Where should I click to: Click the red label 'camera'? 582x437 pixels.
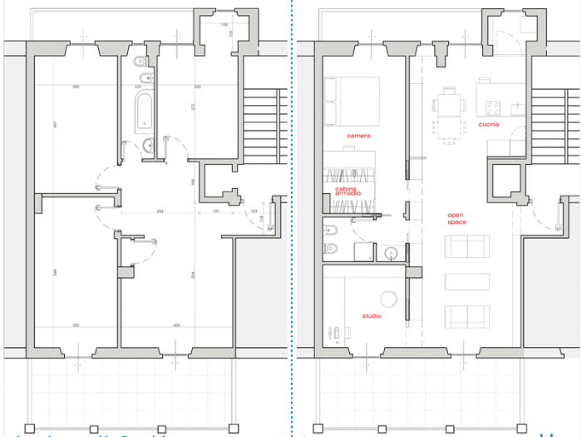coord(359,135)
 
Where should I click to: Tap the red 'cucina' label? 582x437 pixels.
coord(489,125)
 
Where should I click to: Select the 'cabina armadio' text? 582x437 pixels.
coord(348,192)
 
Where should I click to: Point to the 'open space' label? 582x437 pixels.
coord(456,219)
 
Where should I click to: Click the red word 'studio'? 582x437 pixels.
coord(372,316)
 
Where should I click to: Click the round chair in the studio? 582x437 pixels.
coord(387,298)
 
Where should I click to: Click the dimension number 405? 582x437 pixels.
coord(176,325)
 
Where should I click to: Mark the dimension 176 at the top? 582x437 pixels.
coord(224,26)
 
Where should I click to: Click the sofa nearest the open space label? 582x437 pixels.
coord(466,248)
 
